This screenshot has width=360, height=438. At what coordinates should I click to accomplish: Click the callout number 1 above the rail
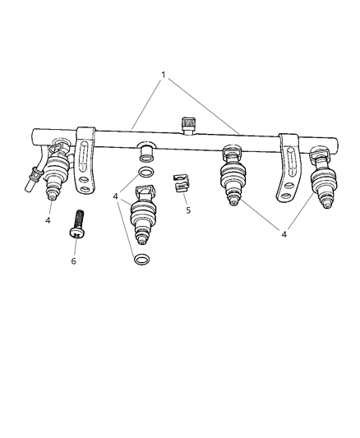pos(164,76)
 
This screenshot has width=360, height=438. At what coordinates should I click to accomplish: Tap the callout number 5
pos(188,210)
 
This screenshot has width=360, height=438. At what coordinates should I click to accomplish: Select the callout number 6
pos(73,260)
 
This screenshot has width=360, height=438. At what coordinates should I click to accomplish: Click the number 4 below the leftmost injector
pos(48,220)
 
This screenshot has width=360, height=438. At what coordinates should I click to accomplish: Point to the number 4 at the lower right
pos(284,234)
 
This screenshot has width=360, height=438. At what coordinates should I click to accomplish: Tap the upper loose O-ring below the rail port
pos(144,172)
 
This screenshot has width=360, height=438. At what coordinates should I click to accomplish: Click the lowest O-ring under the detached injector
pos(141,260)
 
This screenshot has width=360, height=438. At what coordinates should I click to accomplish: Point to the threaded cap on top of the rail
pos(188,124)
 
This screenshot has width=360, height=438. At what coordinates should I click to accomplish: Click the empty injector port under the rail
pos(145,151)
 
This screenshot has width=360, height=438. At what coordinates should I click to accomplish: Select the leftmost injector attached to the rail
pos(58,173)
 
